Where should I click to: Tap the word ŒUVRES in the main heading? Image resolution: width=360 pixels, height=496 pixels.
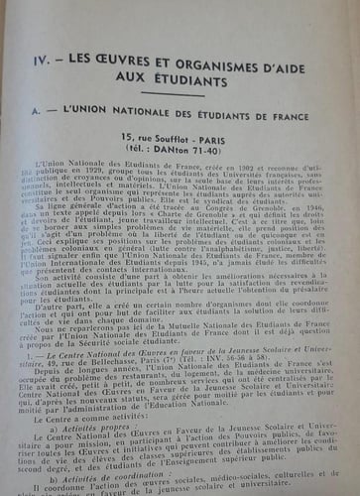tap(135, 38)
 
